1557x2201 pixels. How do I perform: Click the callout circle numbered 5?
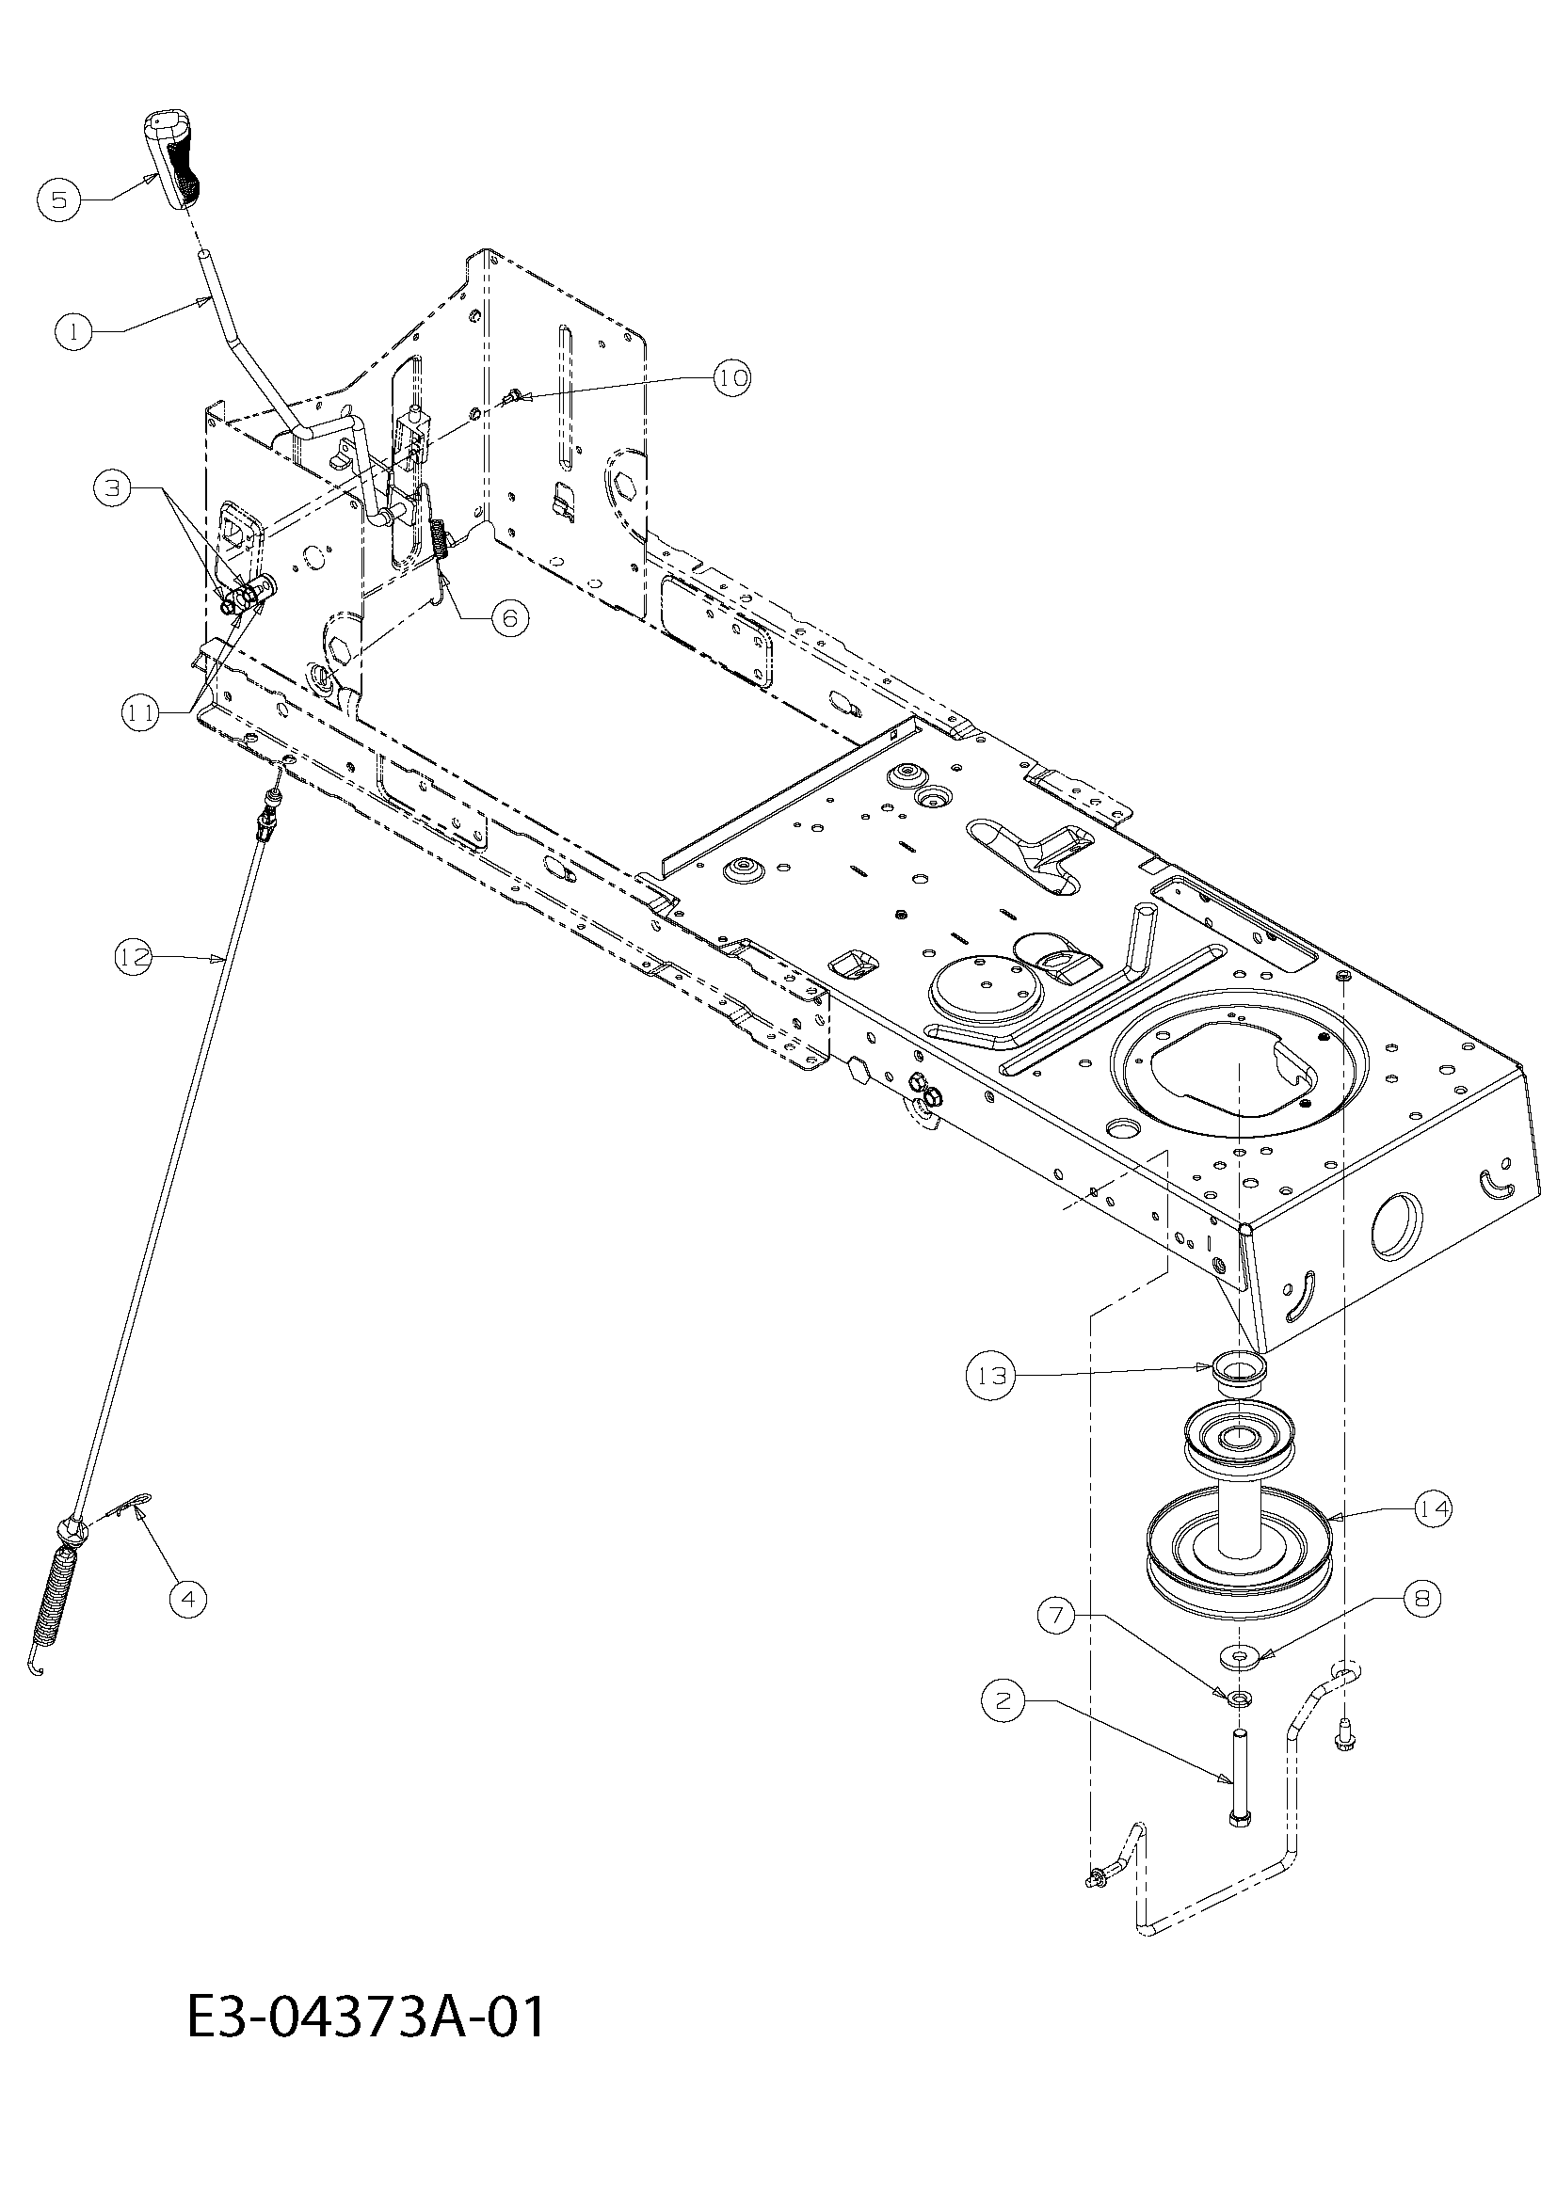59,199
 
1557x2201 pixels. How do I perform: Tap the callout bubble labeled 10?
730,377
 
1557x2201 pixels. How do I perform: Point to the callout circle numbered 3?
114,489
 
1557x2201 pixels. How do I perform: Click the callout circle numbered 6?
509,618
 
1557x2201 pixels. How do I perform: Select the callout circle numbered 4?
187,1598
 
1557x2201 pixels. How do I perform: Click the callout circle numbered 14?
1432,1509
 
